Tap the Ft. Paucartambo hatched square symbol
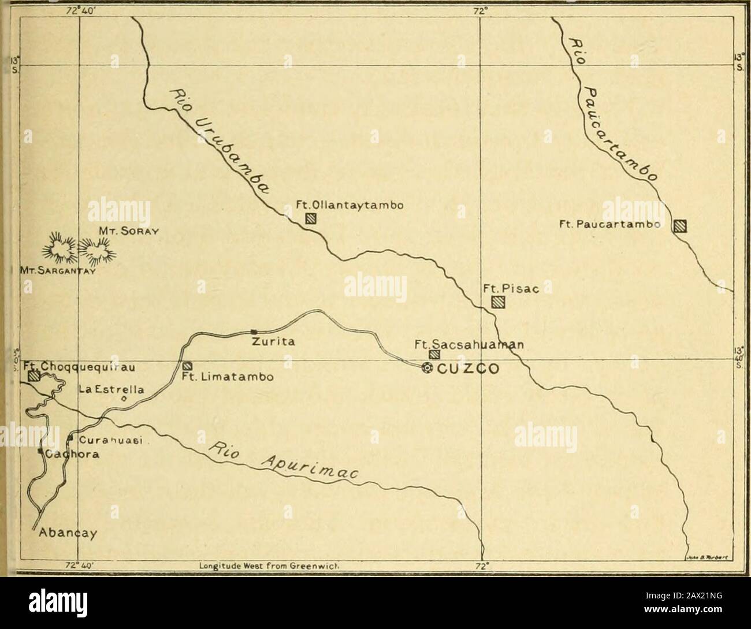pyautogui.click(x=681, y=226)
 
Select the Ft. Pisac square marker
pyautogui.click(x=497, y=302)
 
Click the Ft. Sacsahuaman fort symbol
pyautogui.click(x=434, y=354)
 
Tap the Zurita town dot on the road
pyautogui.click(x=253, y=332)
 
